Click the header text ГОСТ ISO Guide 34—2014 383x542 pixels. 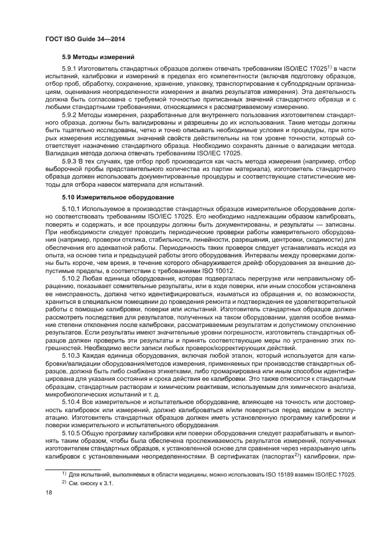coord(85,39)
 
